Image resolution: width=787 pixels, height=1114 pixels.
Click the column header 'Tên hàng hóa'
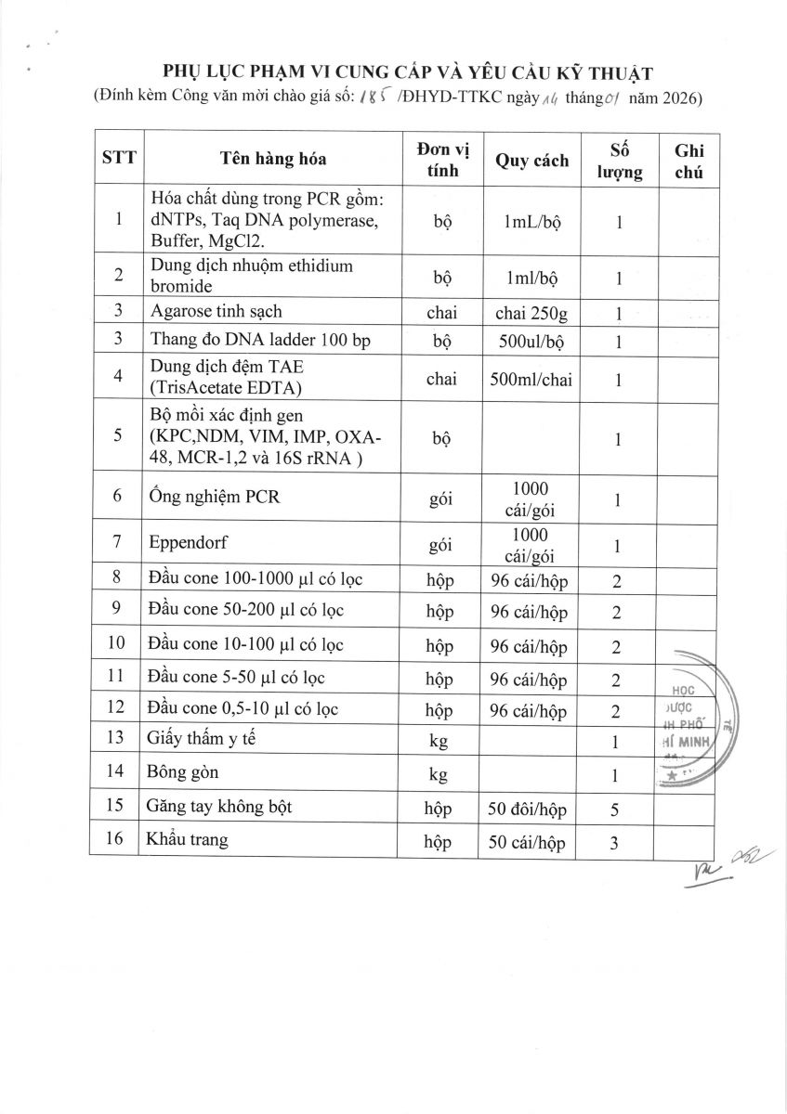point(273,159)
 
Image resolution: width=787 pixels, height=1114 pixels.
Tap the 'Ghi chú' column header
point(689,161)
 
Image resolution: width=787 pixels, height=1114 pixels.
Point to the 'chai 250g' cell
point(531,314)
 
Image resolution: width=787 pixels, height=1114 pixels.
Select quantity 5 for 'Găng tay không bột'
point(616,810)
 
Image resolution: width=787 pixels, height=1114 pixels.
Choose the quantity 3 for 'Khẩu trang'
point(616,843)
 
